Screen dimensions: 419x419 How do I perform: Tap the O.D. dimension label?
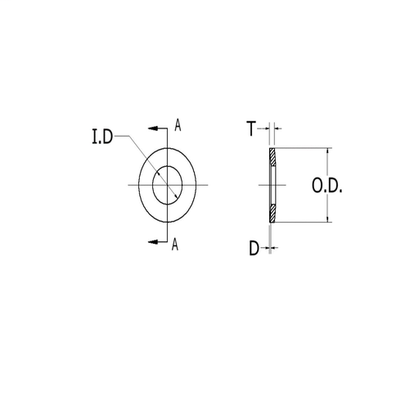tap(327, 187)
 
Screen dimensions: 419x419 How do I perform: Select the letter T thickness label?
tap(252, 128)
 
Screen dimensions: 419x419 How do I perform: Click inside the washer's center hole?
tap(169, 182)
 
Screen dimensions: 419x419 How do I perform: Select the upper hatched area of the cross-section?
tap(273, 160)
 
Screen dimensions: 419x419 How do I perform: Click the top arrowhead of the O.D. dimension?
tap(329, 152)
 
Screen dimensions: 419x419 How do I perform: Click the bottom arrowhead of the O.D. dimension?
tap(329, 219)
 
